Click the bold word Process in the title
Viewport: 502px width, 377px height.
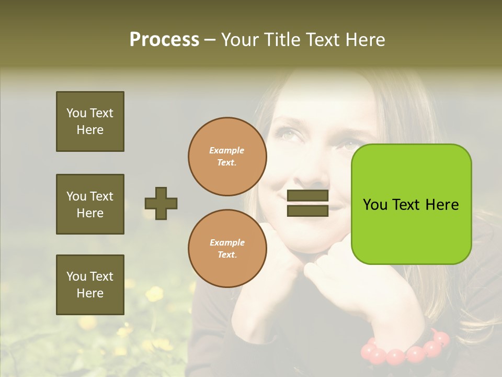164,40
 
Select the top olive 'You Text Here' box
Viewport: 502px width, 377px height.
90,121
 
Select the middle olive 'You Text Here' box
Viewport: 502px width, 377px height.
90,204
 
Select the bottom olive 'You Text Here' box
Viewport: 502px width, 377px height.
90,285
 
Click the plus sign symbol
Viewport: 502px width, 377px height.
161,203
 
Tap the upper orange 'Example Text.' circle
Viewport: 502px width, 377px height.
227,157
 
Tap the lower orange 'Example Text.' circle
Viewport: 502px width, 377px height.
227,248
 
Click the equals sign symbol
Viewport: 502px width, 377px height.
307,203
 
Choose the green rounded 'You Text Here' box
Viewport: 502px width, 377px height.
412,204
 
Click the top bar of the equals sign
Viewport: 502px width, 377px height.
307,196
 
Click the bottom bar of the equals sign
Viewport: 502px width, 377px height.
307,210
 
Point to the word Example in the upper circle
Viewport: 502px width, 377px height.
227,150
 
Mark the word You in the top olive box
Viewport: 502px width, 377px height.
76,113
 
